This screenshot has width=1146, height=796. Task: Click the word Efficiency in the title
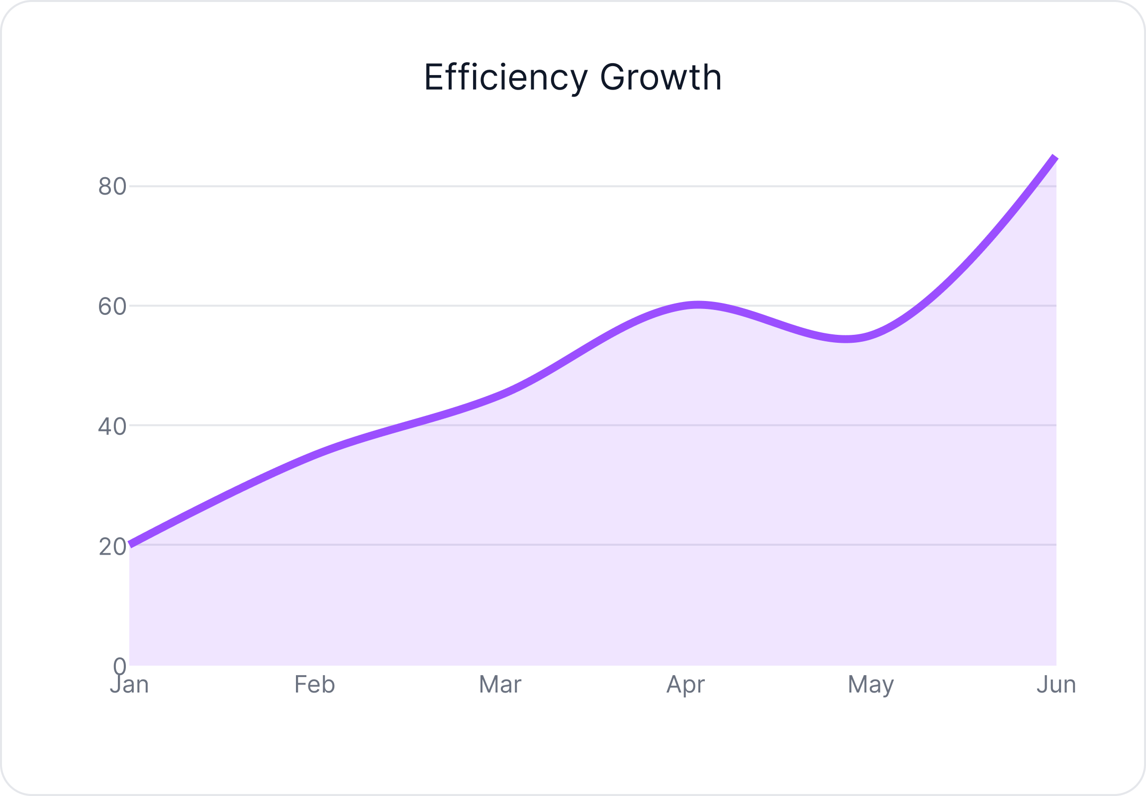pos(506,78)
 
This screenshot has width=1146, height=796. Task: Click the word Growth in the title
pos(661,78)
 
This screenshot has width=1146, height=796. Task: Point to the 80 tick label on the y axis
pos(112,187)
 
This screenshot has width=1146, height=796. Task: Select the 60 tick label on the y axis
pos(112,306)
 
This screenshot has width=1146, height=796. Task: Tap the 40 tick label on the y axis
pos(112,426)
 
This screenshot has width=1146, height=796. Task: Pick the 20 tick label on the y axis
pos(112,547)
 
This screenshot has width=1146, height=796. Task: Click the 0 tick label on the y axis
pos(120,665)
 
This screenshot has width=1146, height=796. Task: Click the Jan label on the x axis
pos(129,684)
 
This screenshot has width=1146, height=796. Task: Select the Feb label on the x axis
pos(315,684)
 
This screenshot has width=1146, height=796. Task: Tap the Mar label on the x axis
pos(500,684)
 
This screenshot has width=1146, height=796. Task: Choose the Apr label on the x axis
pos(685,685)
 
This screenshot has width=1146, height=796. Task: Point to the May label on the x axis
pos(871,685)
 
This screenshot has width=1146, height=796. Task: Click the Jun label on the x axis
pos(1056,684)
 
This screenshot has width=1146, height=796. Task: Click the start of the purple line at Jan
pos(131,544)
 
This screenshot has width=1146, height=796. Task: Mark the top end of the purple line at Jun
pos(1055,158)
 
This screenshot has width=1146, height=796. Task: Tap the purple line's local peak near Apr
pos(698,305)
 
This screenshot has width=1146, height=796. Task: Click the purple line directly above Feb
pos(315,454)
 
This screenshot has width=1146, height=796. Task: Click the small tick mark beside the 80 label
pos(132,187)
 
